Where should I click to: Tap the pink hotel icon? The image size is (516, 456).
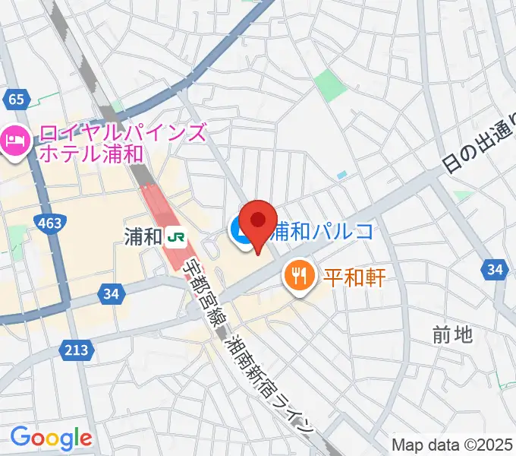(16, 140)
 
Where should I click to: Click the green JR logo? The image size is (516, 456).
(177, 237)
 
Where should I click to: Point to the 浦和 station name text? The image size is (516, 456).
(143, 237)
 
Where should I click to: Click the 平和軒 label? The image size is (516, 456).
(354, 274)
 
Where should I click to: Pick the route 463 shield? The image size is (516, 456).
(48, 222)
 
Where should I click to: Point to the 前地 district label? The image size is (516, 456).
(452, 334)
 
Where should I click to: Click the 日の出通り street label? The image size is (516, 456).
(478, 144)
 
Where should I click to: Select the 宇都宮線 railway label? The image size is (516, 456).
(200, 292)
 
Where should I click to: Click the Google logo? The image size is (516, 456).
(51, 437)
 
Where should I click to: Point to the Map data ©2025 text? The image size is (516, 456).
(452, 445)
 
